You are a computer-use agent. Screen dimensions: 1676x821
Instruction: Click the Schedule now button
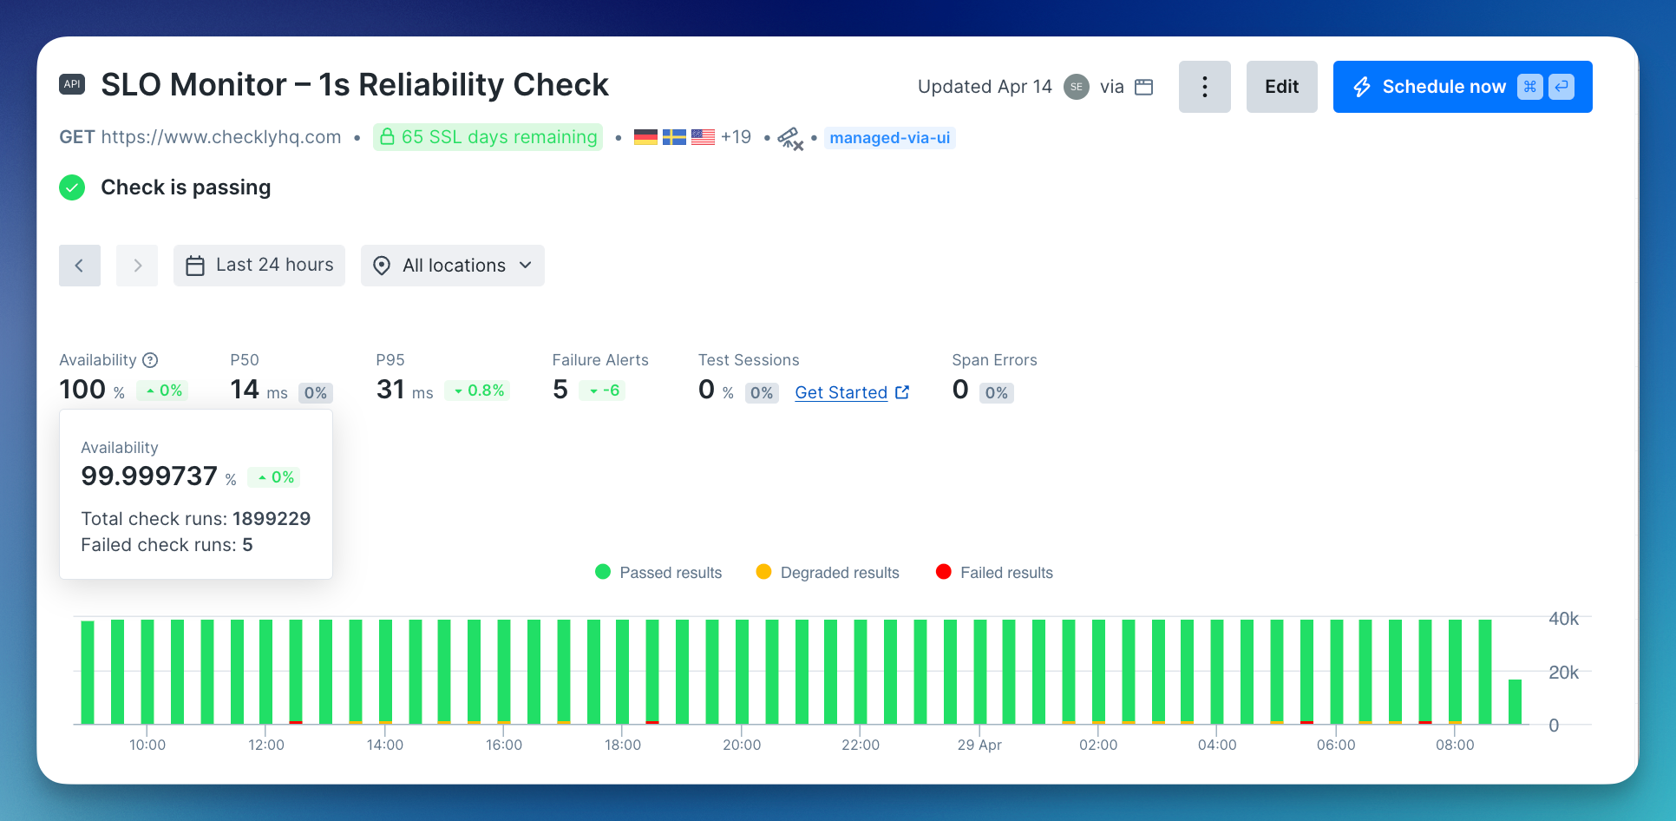point(1462,87)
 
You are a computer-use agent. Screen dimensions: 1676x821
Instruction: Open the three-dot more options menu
point(1204,87)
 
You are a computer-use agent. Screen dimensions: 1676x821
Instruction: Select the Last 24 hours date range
point(259,266)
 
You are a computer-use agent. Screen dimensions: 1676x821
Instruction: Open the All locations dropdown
point(453,266)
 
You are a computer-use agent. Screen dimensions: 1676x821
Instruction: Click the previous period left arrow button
point(80,266)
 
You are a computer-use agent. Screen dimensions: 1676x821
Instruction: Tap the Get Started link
point(852,392)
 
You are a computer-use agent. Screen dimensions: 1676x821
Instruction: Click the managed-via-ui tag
point(889,138)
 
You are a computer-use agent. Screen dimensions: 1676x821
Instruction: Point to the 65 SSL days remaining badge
point(488,137)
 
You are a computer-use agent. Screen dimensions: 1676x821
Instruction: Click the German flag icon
point(645,137)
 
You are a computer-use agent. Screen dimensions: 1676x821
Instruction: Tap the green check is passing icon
point(72,187)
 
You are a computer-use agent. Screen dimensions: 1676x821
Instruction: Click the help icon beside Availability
point(150,360)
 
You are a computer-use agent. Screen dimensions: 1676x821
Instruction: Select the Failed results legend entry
point(994,573)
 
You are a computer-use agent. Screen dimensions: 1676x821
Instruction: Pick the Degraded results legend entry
point(828,573)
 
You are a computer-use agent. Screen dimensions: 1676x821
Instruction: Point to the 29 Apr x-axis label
point(979,745)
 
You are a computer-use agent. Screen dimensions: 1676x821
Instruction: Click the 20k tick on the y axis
point(1563,673)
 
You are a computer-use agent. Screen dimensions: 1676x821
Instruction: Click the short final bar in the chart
point(1515,701)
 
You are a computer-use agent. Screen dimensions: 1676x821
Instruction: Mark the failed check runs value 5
point(248,545)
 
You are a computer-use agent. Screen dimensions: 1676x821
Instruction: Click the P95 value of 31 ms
point(404,390)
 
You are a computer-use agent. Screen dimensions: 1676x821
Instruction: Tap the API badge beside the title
point(72,84)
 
